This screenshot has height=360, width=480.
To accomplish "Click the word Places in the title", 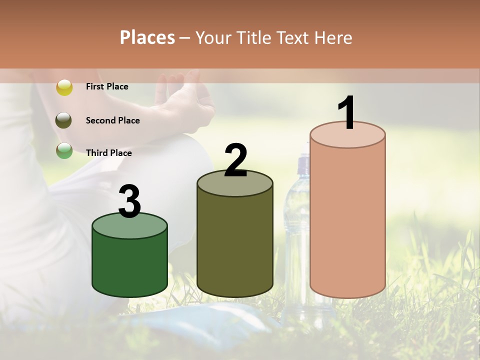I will (x=147, y=37).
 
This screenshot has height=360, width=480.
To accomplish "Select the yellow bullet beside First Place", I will (x=64, y=87).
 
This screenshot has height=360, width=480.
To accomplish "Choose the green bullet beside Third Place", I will (x=64, y=150).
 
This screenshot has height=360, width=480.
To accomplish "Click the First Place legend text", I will (x=107, y=86).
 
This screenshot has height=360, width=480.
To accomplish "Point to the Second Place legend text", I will (x=112, y=120).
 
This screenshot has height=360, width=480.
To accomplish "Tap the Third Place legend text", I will (x=109, y=153).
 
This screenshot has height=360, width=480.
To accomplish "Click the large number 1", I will (x=346, y=113).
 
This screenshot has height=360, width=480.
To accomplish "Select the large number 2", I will (x=236, y=160).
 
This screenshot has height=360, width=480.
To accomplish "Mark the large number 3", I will (x=130, y=201).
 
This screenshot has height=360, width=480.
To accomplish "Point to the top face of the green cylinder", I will (x=130, y=226).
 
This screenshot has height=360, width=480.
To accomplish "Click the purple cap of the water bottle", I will (x=303, y=165).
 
